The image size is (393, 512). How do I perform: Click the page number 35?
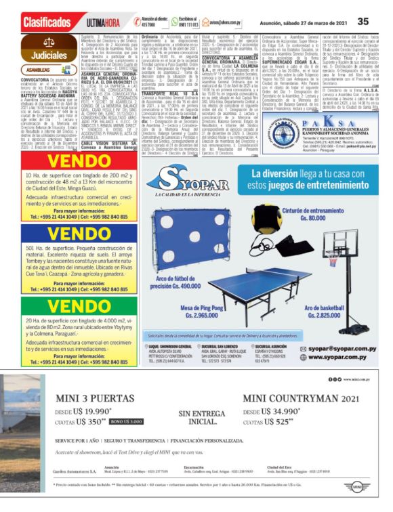pos(364,21)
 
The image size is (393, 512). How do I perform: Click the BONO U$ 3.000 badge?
pos(128,421)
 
